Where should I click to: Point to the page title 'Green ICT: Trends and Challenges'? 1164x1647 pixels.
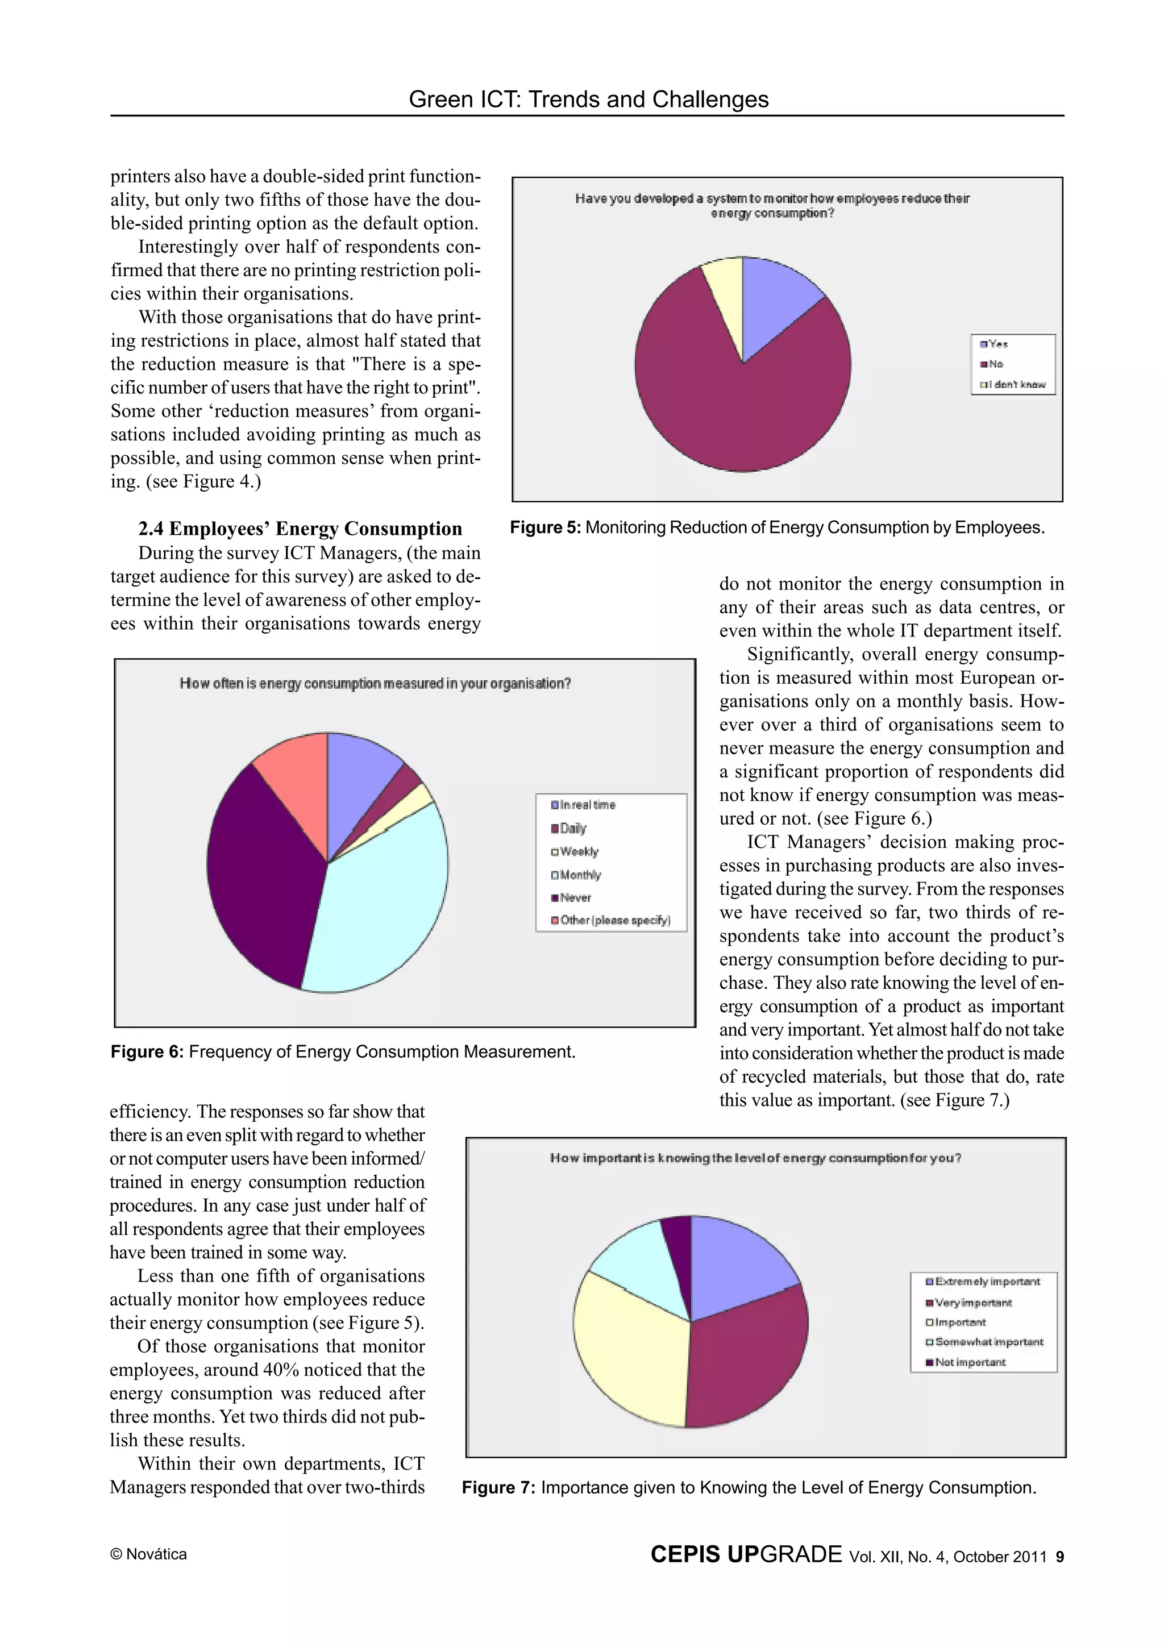588,99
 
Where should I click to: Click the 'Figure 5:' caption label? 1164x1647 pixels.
545,528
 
